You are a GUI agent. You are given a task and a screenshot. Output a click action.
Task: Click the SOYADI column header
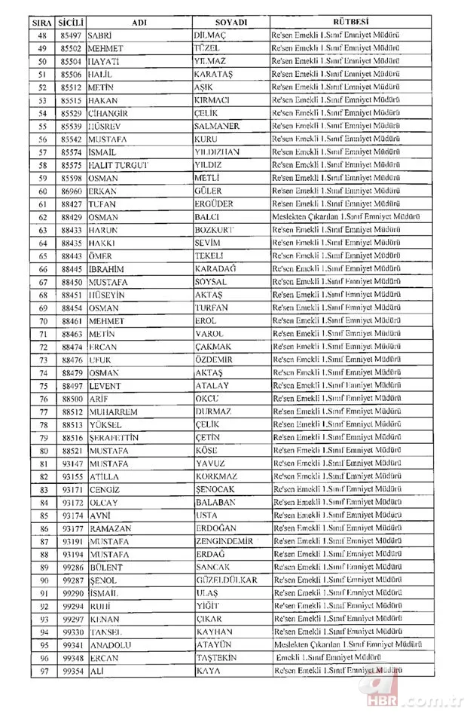(x=230, y=23)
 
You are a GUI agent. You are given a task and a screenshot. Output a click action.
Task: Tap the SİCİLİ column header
(x=72, y=23)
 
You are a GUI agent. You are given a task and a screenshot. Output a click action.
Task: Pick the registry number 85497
(x=72, y=35)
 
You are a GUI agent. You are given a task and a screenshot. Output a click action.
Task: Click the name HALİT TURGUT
(x=118, y=164)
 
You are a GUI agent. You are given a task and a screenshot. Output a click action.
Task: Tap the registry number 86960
(x=72, y=191)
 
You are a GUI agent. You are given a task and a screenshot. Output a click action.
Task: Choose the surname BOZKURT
(x=217, y=230)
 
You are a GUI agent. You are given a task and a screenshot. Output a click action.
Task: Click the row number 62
(x=42, y=217)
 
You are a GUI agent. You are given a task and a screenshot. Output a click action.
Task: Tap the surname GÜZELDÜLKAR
(x=227, y=580)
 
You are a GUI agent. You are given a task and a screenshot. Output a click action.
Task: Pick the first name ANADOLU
(x=111, y=644)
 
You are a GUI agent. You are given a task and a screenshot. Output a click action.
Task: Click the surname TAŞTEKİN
(x=218, y=657)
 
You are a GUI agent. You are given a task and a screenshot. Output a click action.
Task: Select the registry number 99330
(x=72, y=632)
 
